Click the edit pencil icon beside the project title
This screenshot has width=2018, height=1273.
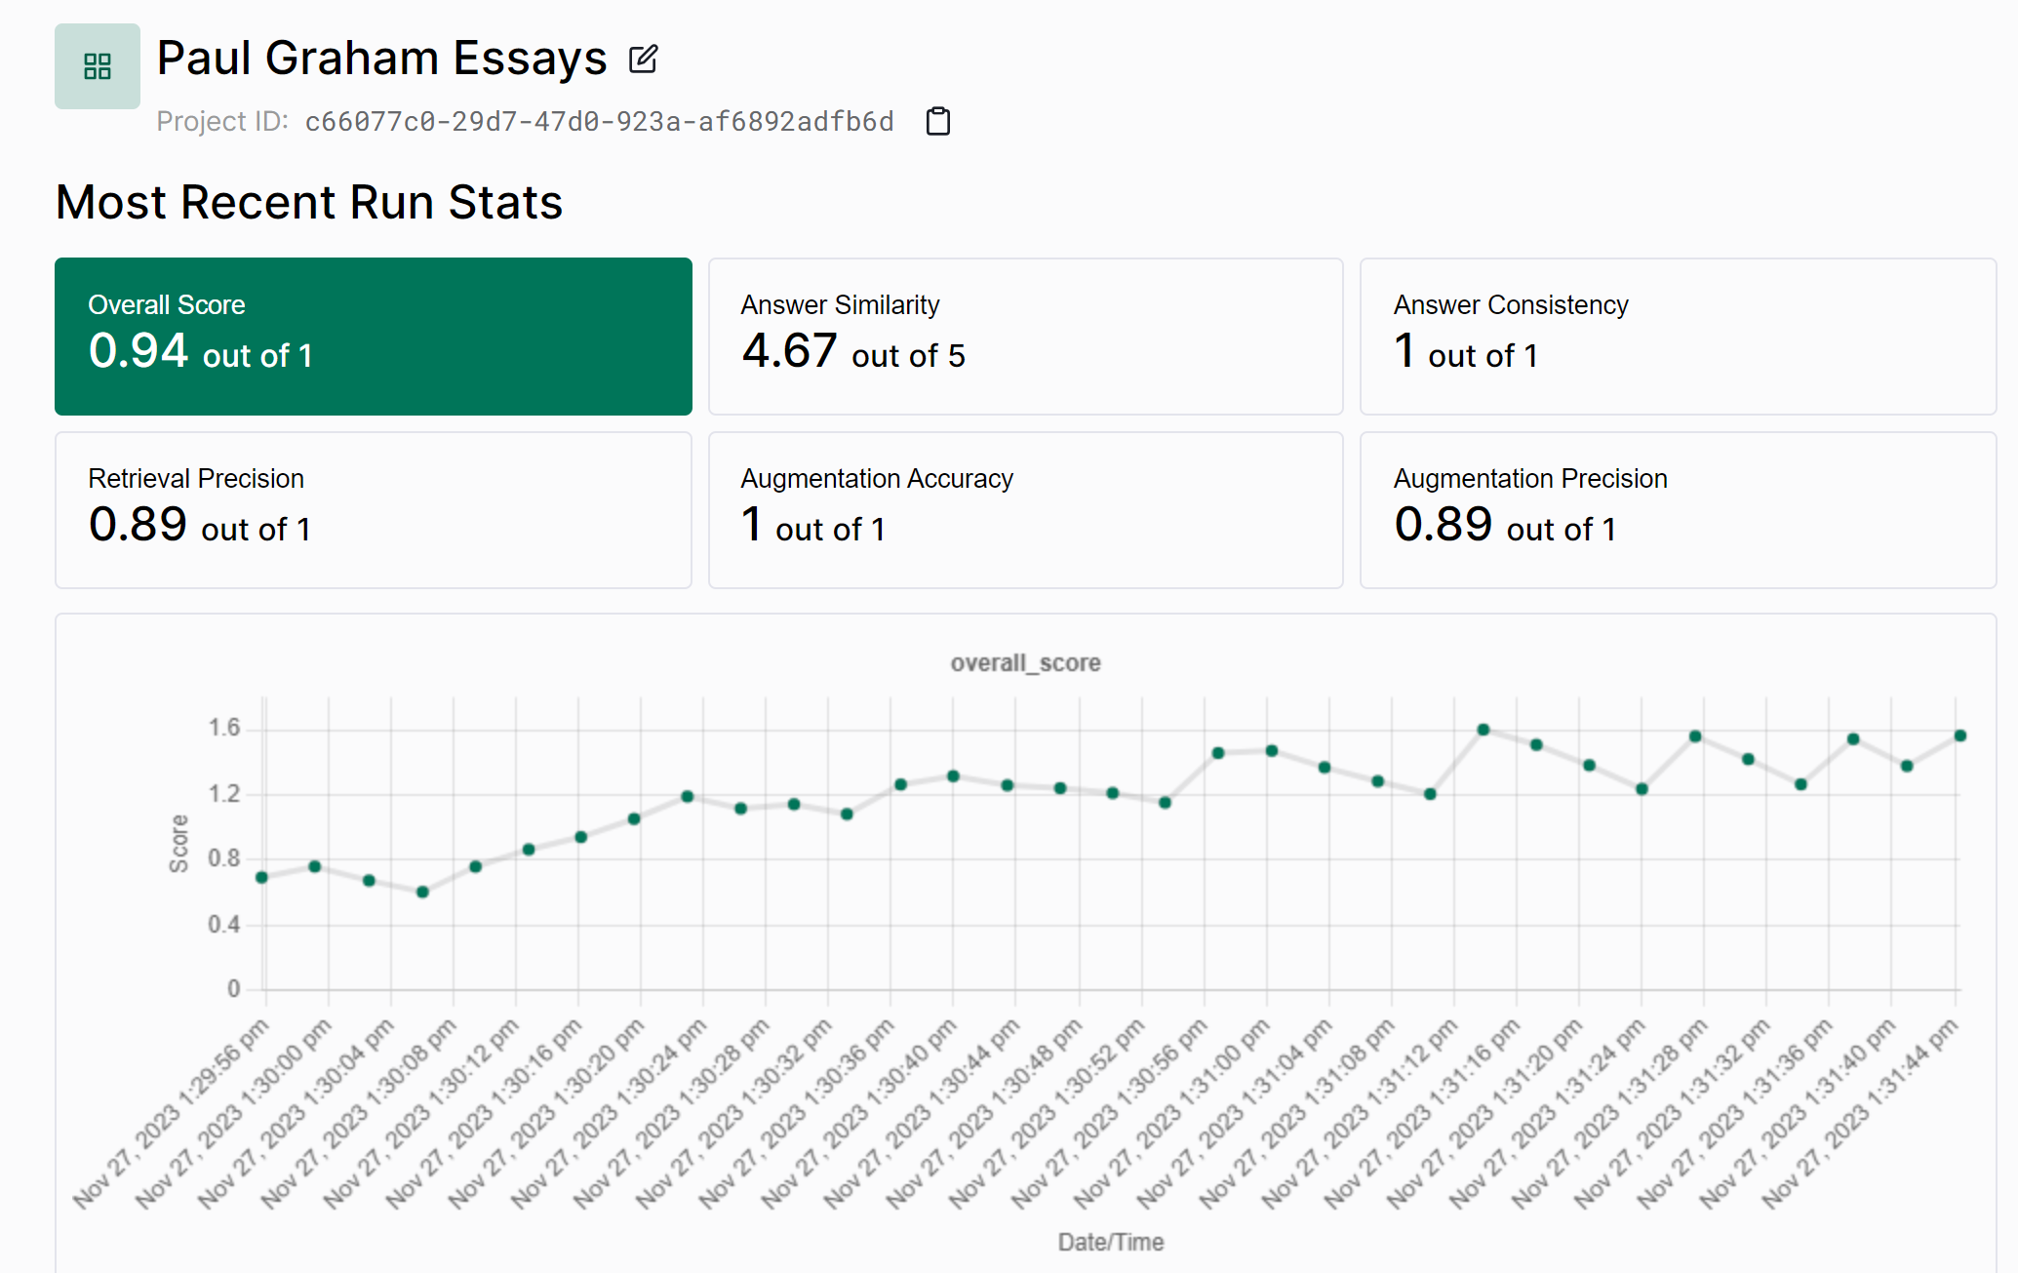tap(643, 60)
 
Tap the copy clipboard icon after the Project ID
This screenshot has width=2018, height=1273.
tap(937, 121)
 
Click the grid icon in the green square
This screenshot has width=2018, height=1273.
tap(98, 66)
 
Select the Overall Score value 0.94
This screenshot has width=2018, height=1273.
tap(138, 351)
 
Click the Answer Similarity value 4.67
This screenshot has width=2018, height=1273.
tap(789, 351)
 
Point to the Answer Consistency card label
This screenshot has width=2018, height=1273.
tap(1510, 305)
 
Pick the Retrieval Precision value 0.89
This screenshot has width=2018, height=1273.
tap(138, 525)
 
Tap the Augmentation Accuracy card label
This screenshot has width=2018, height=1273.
tap(876, 479)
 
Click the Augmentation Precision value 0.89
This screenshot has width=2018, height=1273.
tap(1443, 525)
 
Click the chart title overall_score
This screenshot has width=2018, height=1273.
tap(1025, 663)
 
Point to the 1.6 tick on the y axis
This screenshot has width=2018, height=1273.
tap(223, 728)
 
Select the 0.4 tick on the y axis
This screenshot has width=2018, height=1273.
tap(223, 924)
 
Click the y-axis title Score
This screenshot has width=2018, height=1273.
tap(178, 843)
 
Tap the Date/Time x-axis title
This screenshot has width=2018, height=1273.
tap(1110, 1242)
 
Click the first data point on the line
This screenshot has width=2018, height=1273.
tap(261, 877)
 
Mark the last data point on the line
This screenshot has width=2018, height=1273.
tap(1959, 736)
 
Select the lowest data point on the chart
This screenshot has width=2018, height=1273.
tap(422, 892)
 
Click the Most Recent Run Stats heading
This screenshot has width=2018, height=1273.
tap(309, 203)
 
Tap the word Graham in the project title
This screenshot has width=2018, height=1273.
tap(351, 59)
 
